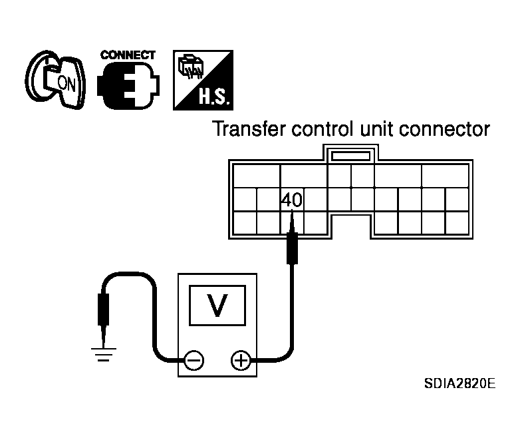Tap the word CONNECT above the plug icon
pos(128,55)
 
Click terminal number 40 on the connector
pos(291,199)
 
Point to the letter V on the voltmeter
pos(215,305)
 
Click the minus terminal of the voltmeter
pos(194,361)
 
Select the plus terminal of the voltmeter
pos(239,361)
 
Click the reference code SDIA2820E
pos(459,384)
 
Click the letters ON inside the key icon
pos(66,83)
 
